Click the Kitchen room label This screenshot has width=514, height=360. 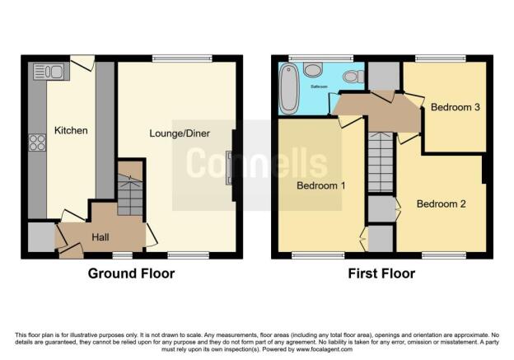point(71,131)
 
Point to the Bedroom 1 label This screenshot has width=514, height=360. point(320,186)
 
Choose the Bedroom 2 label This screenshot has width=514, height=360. point(442,203)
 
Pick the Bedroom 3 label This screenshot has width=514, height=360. point(449,105)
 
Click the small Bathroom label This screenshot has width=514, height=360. point(318,86)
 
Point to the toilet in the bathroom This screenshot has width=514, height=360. point(352,77)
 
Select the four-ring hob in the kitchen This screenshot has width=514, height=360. point(38,143)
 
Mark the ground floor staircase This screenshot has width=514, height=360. point(129,194)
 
